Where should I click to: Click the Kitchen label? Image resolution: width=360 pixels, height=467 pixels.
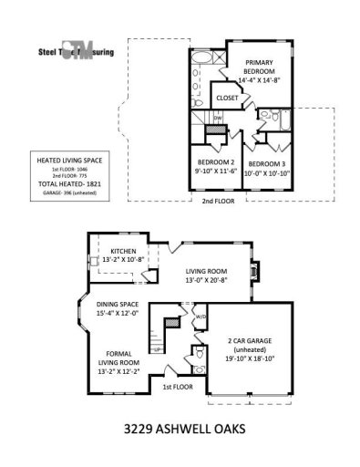pyautogui.click(x=124, y=252)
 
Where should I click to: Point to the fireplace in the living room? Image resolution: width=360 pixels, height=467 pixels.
pyautogui.click(x=256, y=270)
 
